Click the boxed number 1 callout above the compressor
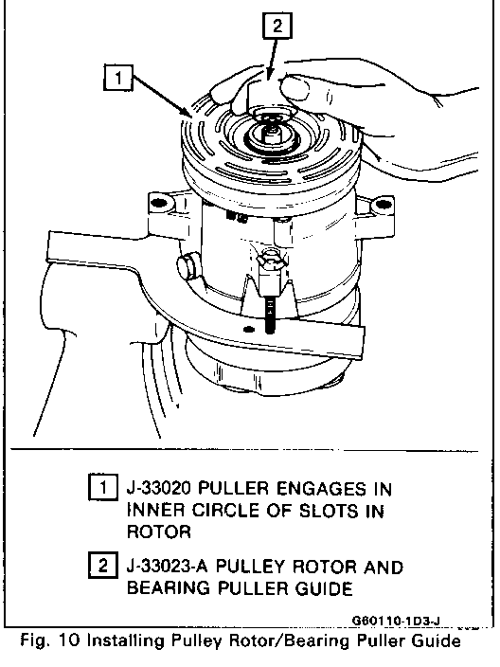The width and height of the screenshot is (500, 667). (117, 78)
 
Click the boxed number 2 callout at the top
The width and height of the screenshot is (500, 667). (277, 26)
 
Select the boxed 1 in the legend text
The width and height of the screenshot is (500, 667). (103, 487)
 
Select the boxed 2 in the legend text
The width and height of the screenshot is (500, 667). (103, 566)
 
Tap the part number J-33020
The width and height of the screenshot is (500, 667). (159, 488)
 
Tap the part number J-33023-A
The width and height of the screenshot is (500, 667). (168, 567)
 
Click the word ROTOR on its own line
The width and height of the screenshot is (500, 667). (159, 532)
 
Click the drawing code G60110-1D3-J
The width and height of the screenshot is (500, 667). (396, 622)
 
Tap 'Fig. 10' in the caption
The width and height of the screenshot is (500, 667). (50, 640)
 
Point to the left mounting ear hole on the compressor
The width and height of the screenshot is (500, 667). (158, 202)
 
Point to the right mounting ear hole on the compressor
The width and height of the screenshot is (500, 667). (384, 204)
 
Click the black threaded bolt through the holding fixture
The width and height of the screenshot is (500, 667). (269, 315)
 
